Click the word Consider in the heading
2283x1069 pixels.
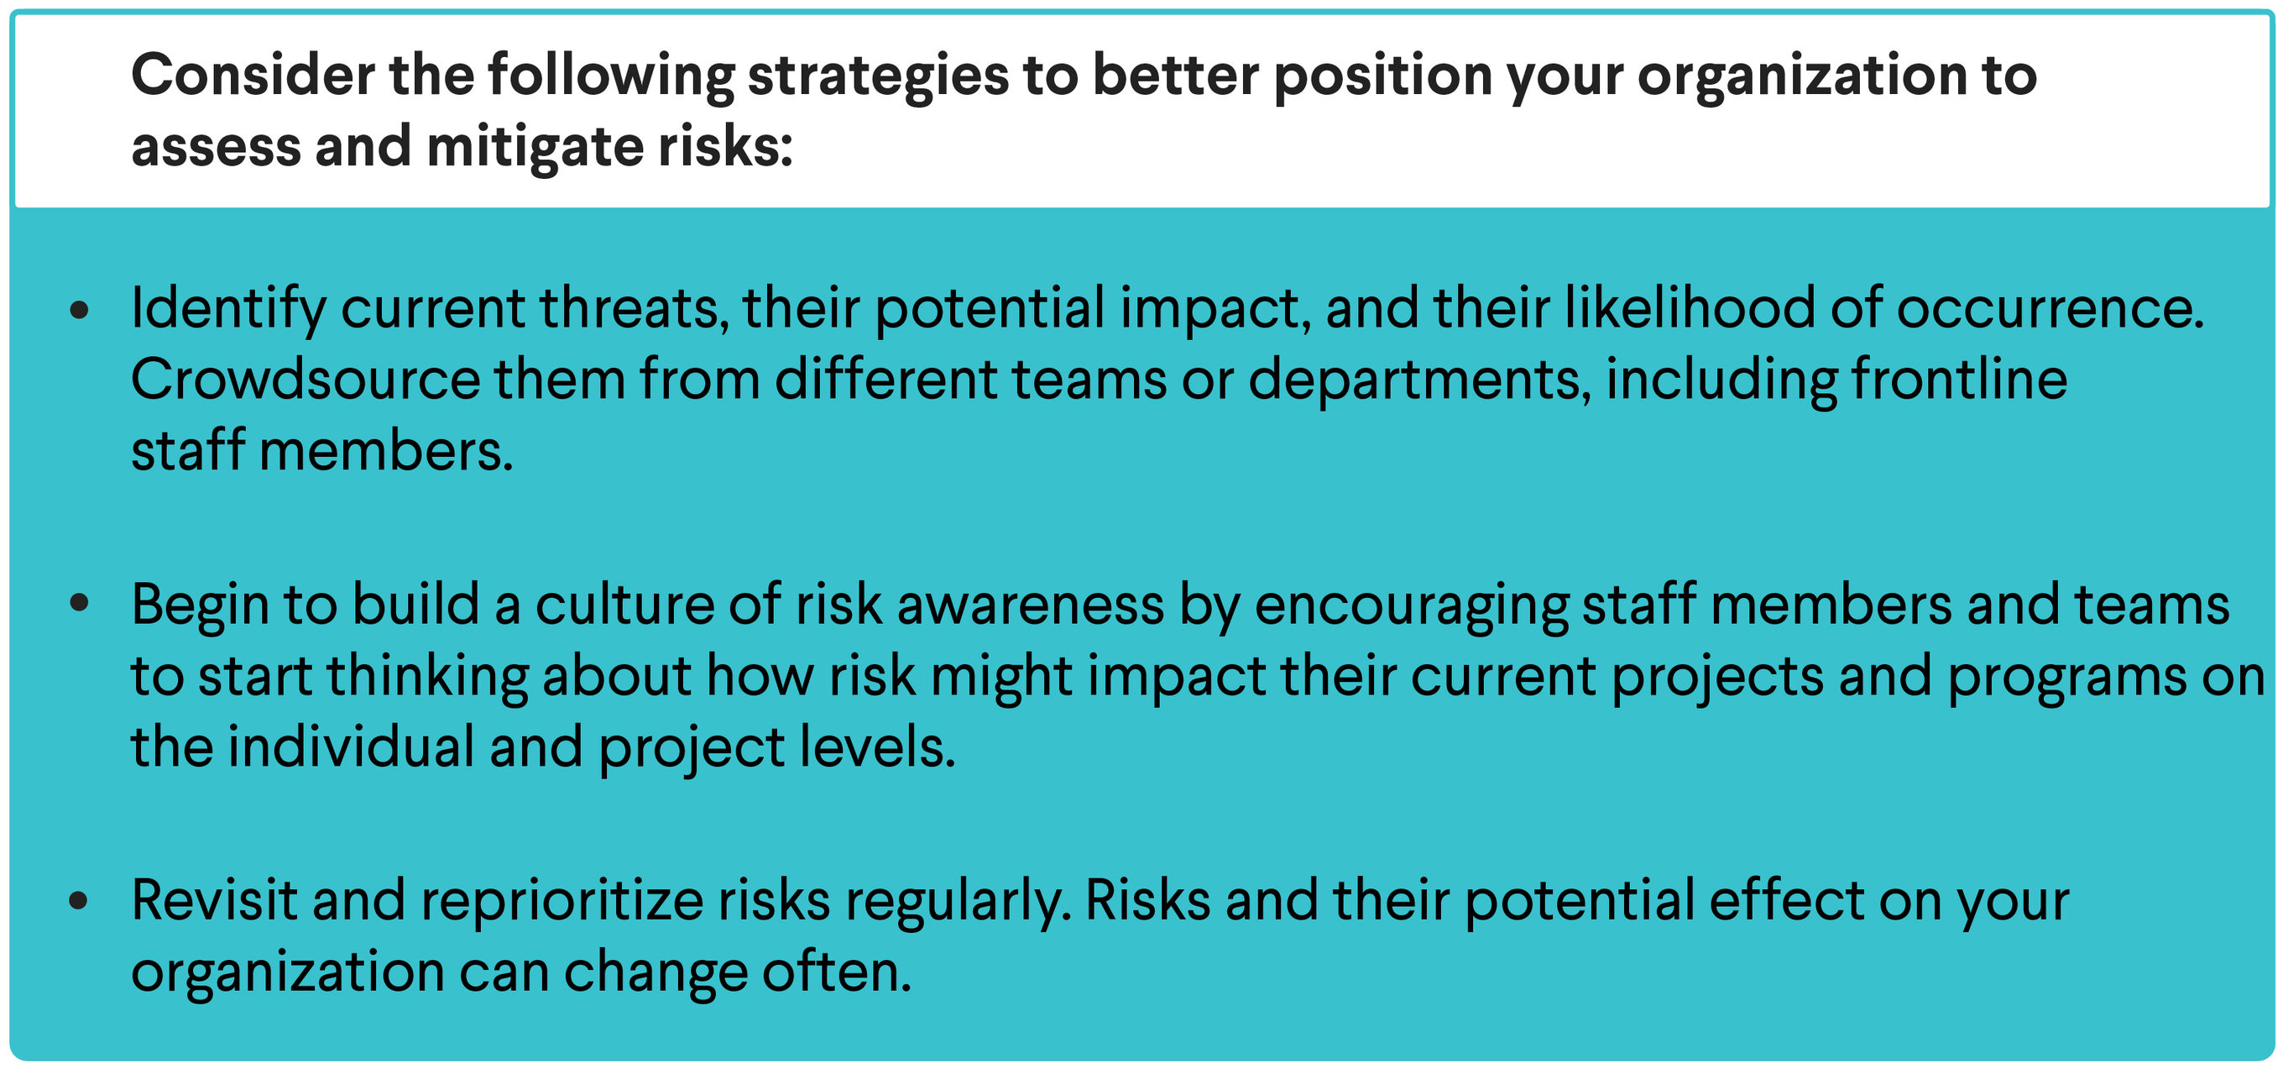coord(253,75)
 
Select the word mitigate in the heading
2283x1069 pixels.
coord(535,148)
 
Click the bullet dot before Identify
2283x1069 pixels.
coord(80,309)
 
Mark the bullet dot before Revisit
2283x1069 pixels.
coord(80,900)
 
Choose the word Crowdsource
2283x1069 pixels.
coord(306,380)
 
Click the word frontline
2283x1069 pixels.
coord(1960,380)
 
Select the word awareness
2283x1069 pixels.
coord(1031,605)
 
